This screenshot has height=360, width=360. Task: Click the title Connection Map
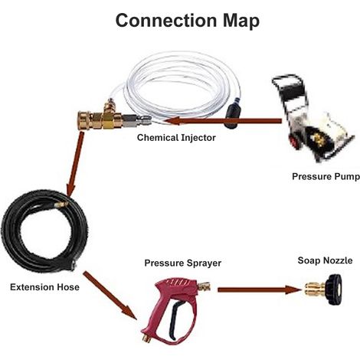click(188, 21)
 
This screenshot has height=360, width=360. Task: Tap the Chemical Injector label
click(176, 138)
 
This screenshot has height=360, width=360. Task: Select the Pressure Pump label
click(326, 176)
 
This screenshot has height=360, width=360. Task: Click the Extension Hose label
click(44, 287)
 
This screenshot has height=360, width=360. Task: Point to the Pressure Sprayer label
click(183, 263)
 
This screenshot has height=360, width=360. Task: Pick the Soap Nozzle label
click(325, 260)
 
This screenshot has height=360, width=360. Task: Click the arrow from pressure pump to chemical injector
click(223, 121)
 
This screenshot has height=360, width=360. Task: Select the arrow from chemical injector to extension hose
click(74, 163)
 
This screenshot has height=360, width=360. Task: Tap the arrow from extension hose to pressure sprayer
click(110, 295)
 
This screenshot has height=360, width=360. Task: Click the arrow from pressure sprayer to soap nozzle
click(260, 290)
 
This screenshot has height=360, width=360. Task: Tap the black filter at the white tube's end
click(232, 116)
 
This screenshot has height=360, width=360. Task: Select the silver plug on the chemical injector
click(136, 120)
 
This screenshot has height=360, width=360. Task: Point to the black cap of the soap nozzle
click(333, 290)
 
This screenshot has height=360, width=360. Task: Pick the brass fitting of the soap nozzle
click(316, 290)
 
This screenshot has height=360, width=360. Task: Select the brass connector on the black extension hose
click(62, 205)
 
